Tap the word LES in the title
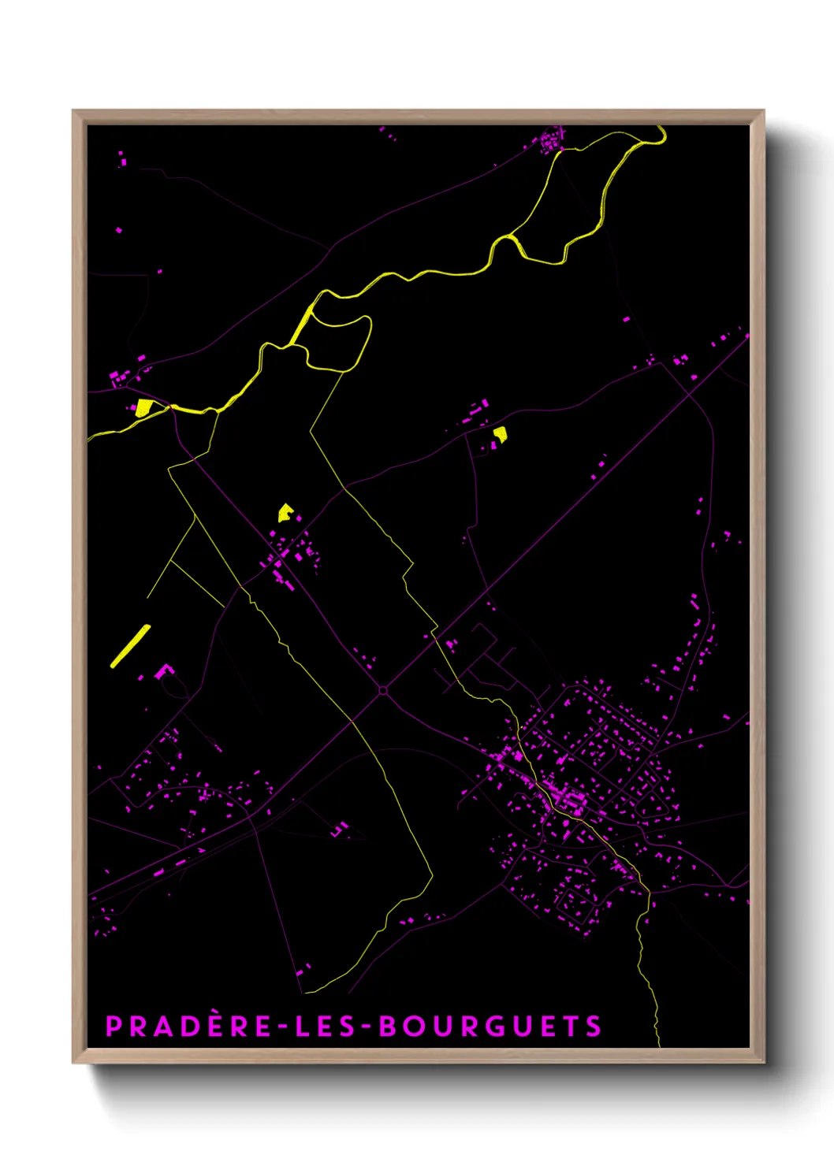(x=321, y=1027)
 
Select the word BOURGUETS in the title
(x=490, y=1027)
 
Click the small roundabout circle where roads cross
(x=383, y=690)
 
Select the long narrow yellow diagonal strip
(x=130, y=646)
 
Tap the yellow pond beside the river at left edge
(x=144, y=407)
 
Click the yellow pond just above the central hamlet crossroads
(x=285, y=514)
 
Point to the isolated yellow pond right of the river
(x=500, y=433)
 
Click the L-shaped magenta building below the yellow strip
(x=165, y=671)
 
